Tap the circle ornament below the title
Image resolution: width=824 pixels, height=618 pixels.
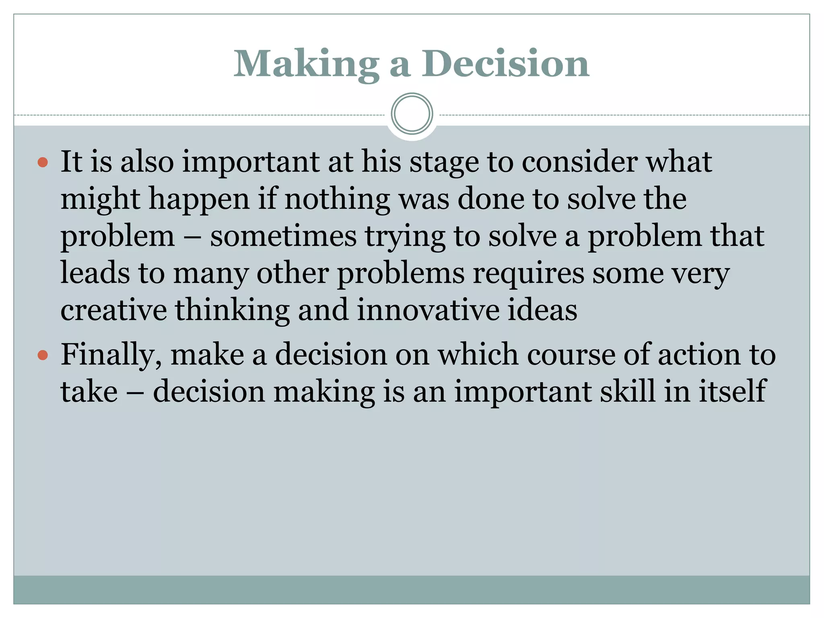point(412,113)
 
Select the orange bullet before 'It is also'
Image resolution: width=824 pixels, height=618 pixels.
point(43,163)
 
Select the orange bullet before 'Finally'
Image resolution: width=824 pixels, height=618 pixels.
point(43,355)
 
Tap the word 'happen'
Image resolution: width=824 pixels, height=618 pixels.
point(199,200)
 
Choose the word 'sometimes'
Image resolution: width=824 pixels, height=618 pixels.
point(283,236)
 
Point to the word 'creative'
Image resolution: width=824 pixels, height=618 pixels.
point(113,310)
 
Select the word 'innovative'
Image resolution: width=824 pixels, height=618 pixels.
point(428,310)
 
